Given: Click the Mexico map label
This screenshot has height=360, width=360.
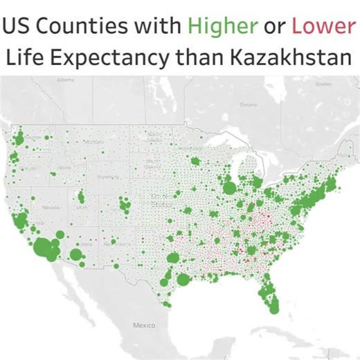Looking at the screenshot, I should [x=146, y=324].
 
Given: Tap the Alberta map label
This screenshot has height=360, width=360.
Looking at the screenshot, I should [x=66, y=80].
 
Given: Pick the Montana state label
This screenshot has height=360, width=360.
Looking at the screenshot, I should [x=91, y=142].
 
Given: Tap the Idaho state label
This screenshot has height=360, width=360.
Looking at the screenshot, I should [x=66, y=167].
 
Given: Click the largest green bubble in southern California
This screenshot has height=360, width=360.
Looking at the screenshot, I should [x=45, y=246].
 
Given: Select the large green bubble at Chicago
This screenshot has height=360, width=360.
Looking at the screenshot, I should [x=229, y=188].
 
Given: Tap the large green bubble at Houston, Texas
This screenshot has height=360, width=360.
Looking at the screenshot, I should [x=183, y=280].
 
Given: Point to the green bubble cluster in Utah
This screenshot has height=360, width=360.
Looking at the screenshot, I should [x=80, y=197].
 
